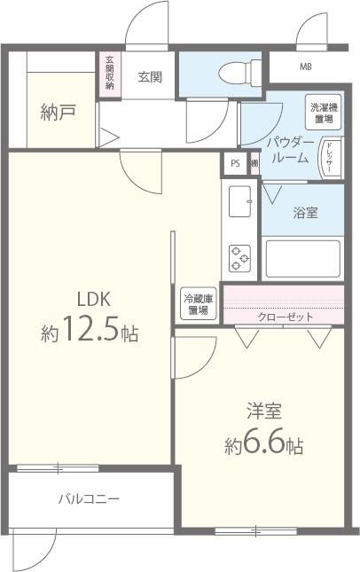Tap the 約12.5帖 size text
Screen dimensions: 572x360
pos(90,333)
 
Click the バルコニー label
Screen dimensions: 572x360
pos(90,499)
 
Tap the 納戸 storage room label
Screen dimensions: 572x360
pos(56,113)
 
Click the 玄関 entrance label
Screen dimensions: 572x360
pos(149,77)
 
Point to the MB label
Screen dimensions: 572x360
pos(305,67)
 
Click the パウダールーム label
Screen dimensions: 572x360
pos(288,150)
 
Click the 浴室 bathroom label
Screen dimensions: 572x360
pos(305,213)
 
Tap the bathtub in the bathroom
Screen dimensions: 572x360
pos(302,258)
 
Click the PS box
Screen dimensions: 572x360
pos(234,163)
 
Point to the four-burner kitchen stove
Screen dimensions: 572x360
pos(240,257)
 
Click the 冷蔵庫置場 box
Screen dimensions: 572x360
pos(196,304)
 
